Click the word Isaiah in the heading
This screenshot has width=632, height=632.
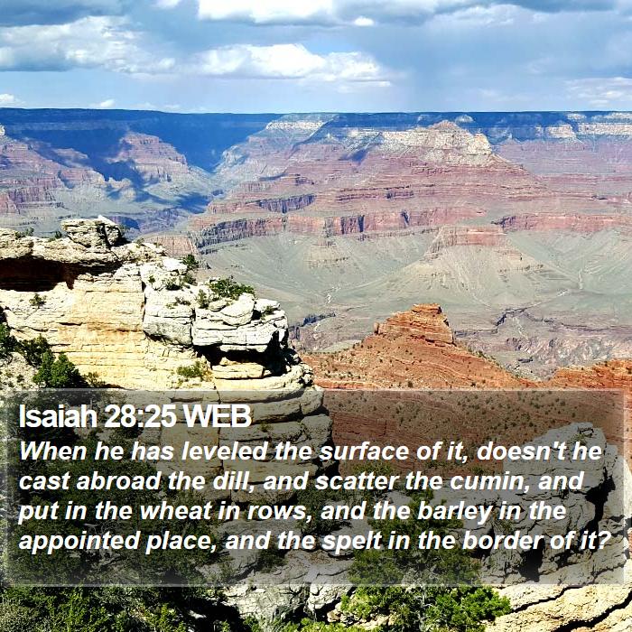[x=58, y=416]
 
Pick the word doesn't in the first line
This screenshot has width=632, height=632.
[x=521, y=451]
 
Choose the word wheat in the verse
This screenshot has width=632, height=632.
[x=174, y=511]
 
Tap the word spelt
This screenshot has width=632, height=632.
[x=351, y=542]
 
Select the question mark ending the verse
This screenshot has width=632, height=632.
[x=601, y=541]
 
